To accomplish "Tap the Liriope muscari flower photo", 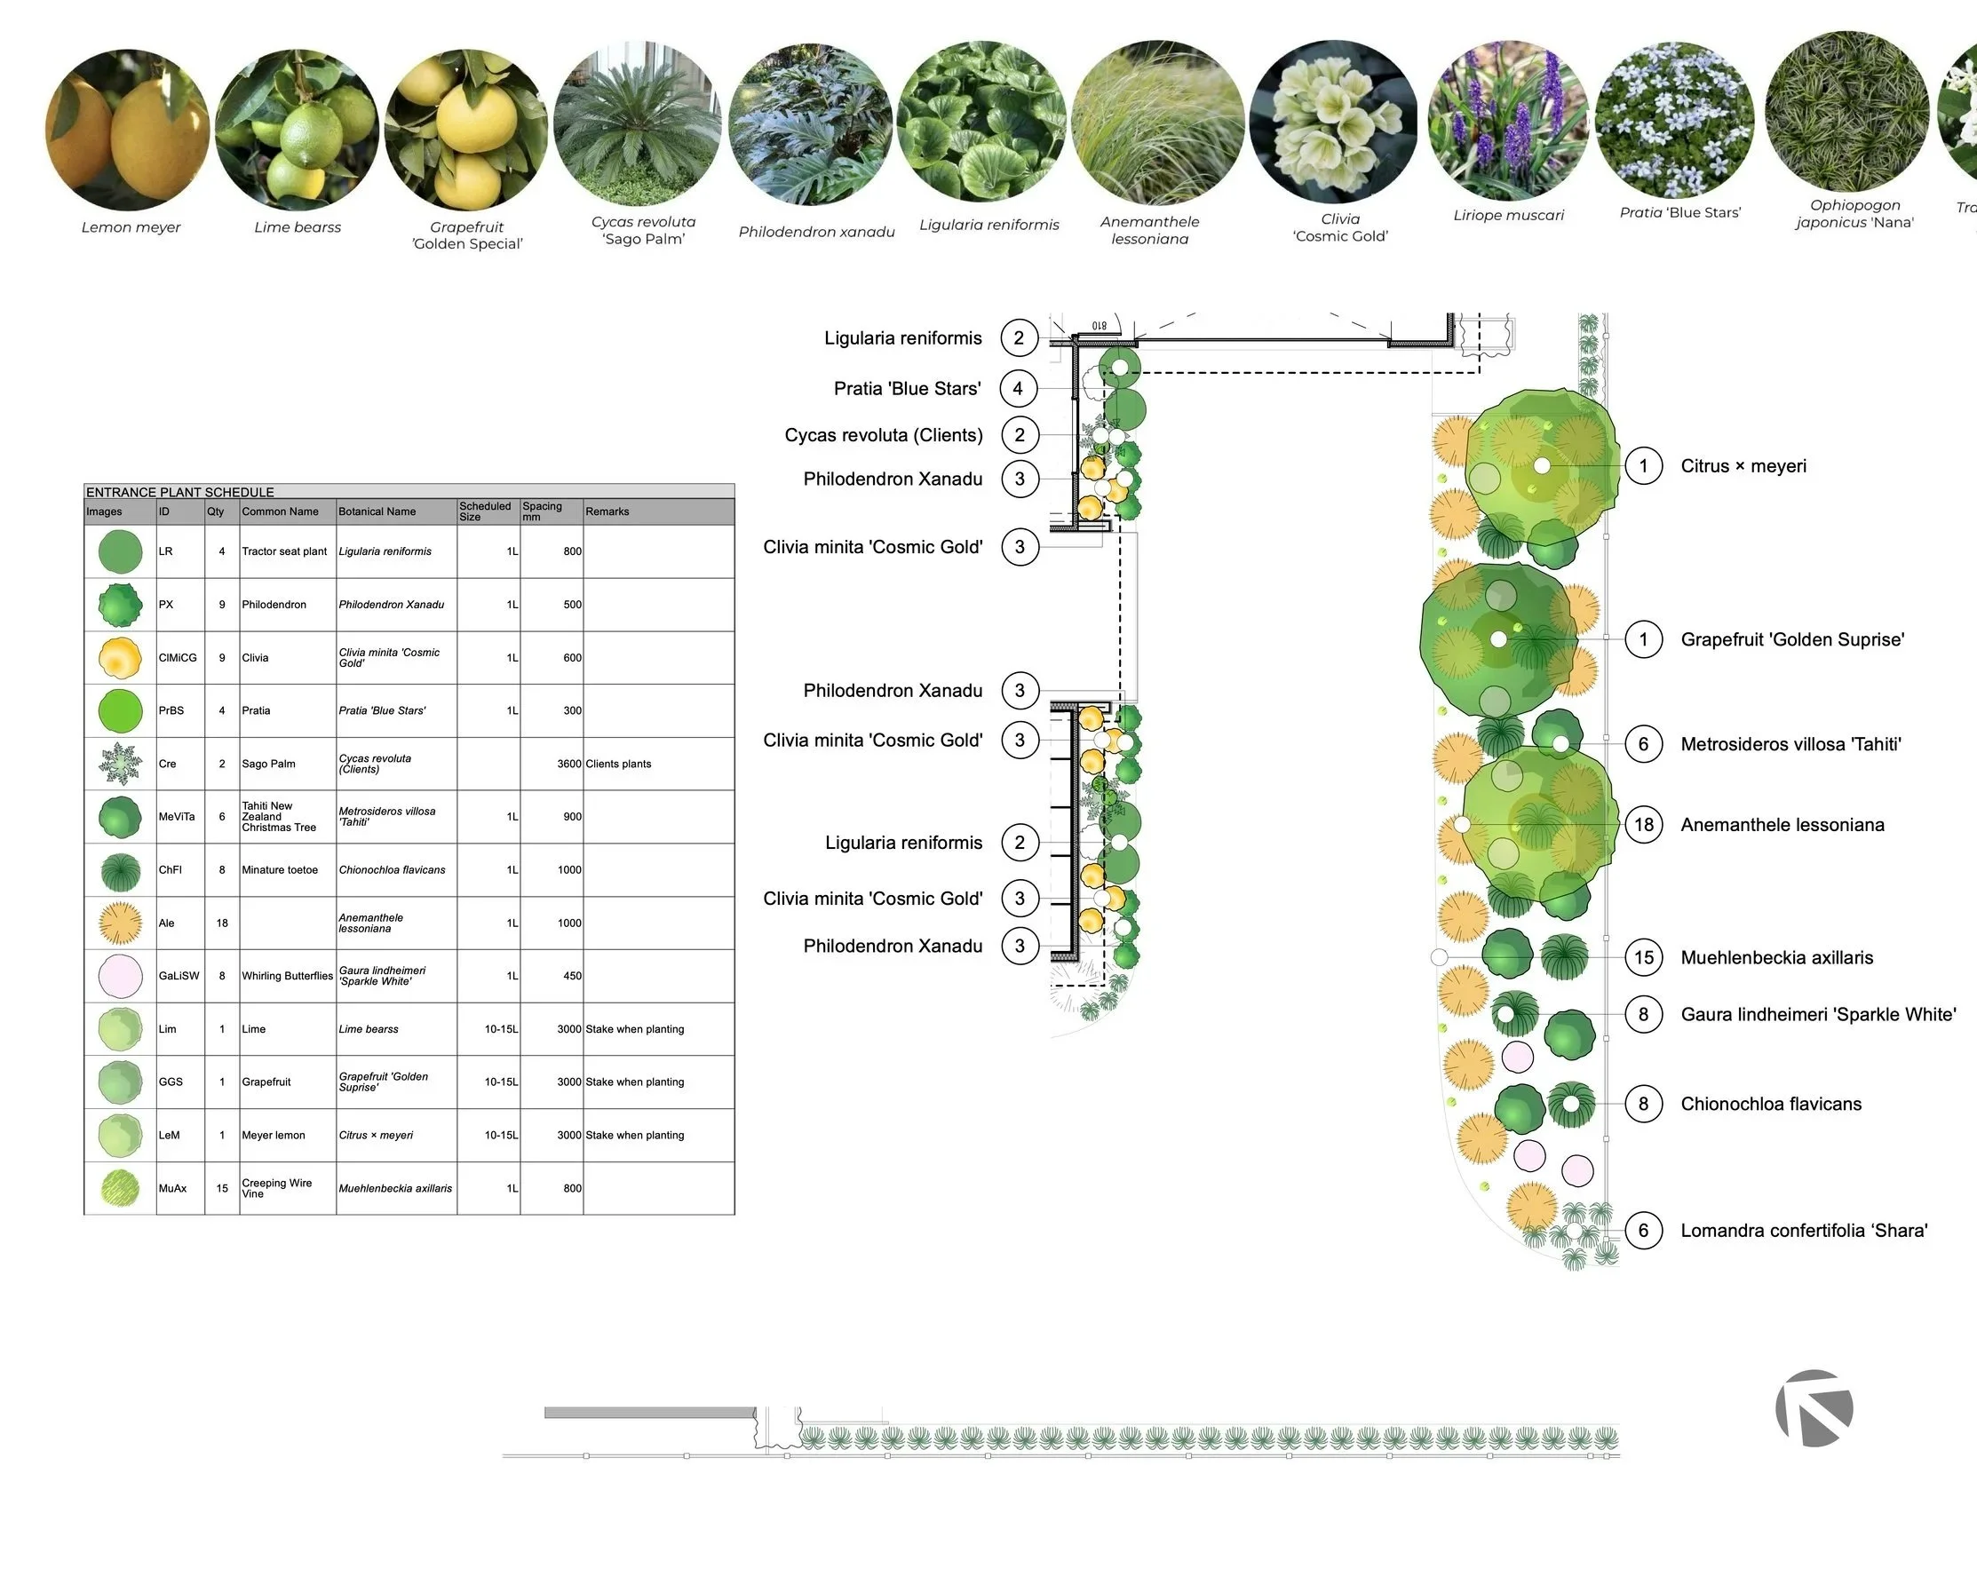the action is (1507, 121).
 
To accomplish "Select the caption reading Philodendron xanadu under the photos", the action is (816, 232).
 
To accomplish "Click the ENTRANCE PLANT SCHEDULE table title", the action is (179, 492).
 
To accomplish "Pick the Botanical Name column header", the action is (377, 511).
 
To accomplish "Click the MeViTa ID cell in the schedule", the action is (176, 816).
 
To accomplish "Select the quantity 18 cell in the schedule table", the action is (222, 923).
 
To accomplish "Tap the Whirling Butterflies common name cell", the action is (287, 976).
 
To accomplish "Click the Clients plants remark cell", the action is (618, 763).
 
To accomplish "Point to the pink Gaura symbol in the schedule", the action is (120, 976).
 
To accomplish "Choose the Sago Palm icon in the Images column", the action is (120, 763).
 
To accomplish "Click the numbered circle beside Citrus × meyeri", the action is (1643, 466).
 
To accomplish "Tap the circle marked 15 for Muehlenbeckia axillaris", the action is (1643, 957).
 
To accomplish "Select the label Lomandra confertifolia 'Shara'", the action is (1804, 1231).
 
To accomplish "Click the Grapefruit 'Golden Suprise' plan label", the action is (1791, 639).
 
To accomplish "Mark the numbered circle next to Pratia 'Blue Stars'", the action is (1018, 388).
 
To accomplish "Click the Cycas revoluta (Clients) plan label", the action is (883, 435).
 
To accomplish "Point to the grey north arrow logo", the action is (1813, 1407).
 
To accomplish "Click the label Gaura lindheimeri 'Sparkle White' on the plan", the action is (1817, 1014).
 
